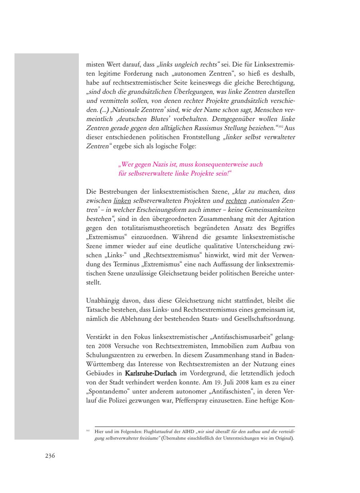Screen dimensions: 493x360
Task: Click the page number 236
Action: click(x=50, y=455)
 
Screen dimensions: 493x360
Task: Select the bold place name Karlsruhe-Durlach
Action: click(x=151, y=373)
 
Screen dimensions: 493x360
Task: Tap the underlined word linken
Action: click(x=122, y=200)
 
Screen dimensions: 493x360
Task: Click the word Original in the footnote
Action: click(x=284, y=438)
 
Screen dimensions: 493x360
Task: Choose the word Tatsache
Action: click(x=98, y=310)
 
